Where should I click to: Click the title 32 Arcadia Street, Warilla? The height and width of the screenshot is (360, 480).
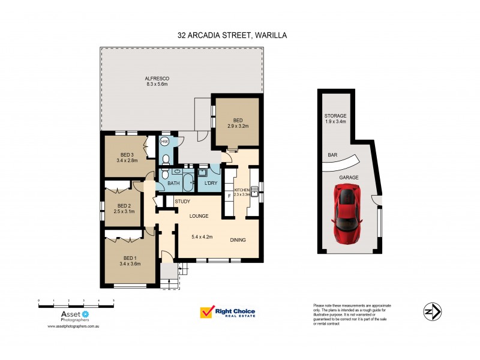point(232,35)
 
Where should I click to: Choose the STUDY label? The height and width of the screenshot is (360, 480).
point(182,202)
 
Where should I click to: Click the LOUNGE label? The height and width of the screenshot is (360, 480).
point(199,215)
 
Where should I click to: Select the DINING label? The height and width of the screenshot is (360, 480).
point(238,240)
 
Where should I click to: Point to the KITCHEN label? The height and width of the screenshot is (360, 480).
point(250,190)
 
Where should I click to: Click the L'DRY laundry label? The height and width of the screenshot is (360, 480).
point(210,182)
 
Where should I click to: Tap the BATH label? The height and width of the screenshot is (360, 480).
point(174,183)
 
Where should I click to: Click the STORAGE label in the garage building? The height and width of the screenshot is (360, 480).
point(335,116)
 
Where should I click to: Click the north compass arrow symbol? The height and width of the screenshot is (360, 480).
point(433,312)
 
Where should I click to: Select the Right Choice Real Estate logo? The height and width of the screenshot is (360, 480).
point(227,313)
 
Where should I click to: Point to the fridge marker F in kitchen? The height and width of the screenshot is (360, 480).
point(229,196)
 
